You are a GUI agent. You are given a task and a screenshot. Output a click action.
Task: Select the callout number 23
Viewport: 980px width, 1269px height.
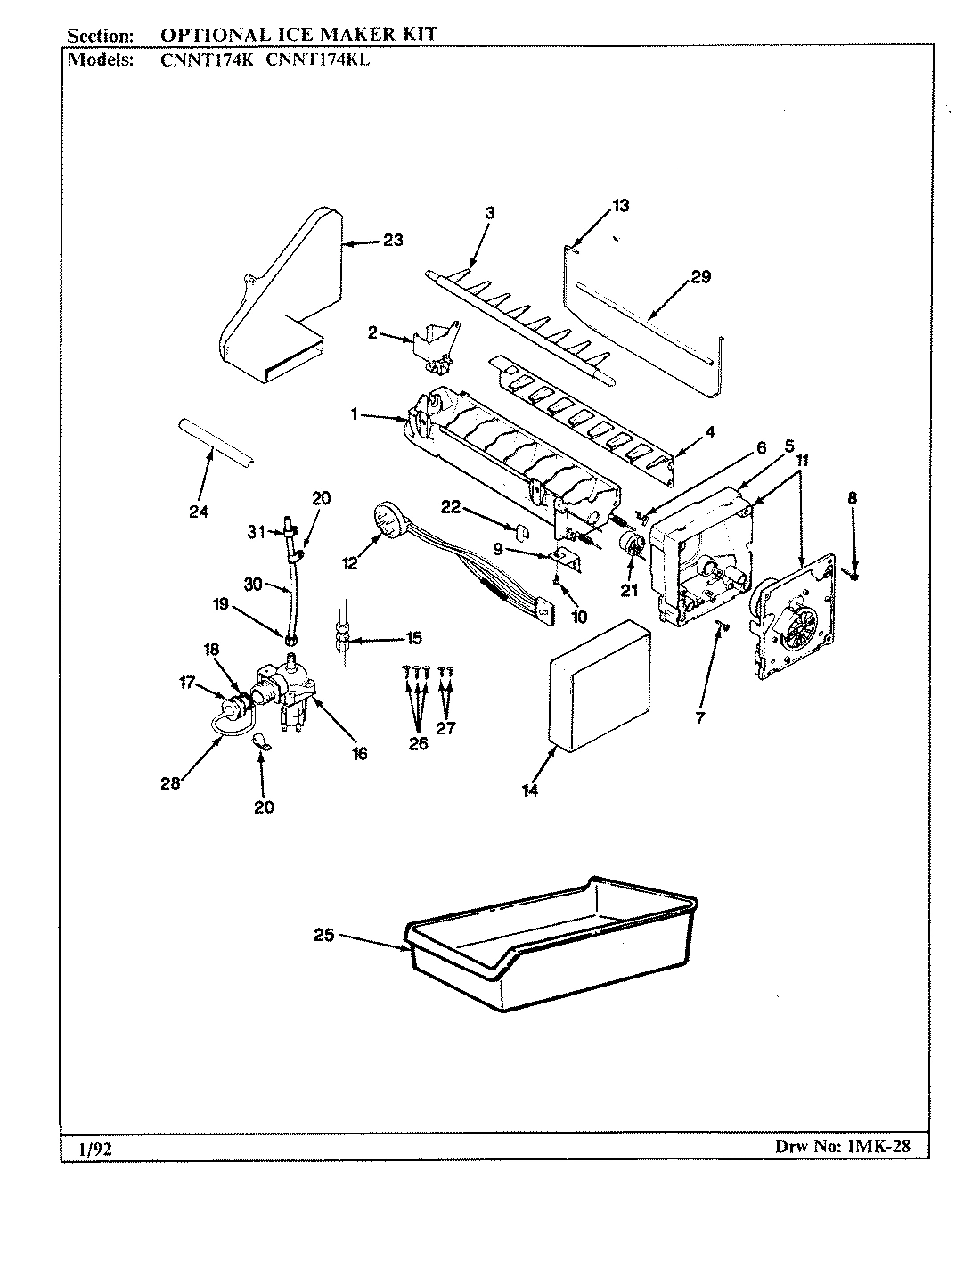tap(393, 240)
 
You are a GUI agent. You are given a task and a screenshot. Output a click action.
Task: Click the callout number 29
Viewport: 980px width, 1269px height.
tap(700, 276)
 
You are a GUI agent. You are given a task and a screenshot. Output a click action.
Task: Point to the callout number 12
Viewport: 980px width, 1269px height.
tap(349, 563)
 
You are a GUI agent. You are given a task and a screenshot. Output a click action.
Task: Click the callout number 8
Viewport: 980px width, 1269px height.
tap(853, 498)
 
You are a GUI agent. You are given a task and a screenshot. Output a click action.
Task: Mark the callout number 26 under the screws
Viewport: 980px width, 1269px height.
tap(418, 743)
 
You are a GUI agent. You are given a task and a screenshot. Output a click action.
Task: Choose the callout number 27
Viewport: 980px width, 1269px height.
tap(445, 727)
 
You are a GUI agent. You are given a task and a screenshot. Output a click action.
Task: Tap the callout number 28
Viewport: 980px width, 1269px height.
tap(170, 782)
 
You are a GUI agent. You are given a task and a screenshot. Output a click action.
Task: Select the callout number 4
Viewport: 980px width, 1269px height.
tap(709, 433)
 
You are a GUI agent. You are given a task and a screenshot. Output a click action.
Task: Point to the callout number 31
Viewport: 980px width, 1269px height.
tap(257, 532)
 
